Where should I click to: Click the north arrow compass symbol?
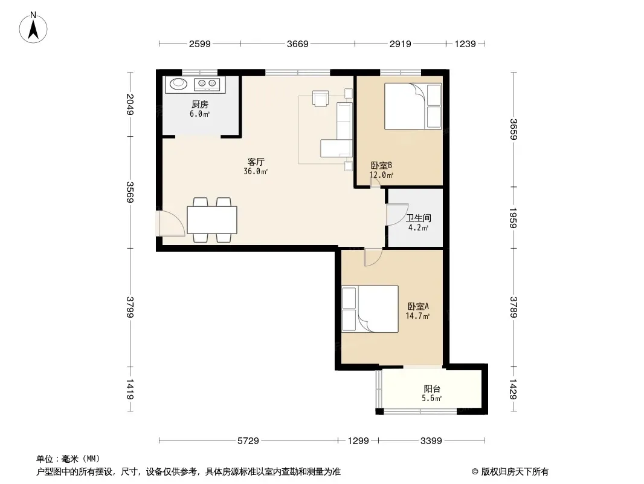33,28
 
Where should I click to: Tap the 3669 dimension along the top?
297,44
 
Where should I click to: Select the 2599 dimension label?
199,44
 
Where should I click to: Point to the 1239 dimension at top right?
465,44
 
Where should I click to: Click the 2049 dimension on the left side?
130,105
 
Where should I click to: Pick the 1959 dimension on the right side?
513,218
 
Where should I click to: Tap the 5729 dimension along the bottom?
248,441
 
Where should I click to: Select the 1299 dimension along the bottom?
358,441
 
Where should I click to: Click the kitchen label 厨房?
199,105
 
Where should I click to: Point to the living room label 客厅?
256,162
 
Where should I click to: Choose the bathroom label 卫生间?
419,218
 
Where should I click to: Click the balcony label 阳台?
432,388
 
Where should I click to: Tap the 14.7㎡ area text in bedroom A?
417,316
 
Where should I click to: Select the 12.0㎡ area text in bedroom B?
381,175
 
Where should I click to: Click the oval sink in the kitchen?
178,83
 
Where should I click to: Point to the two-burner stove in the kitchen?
207,84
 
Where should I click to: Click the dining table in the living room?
212,220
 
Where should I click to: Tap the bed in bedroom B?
413,106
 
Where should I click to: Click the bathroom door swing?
397,214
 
